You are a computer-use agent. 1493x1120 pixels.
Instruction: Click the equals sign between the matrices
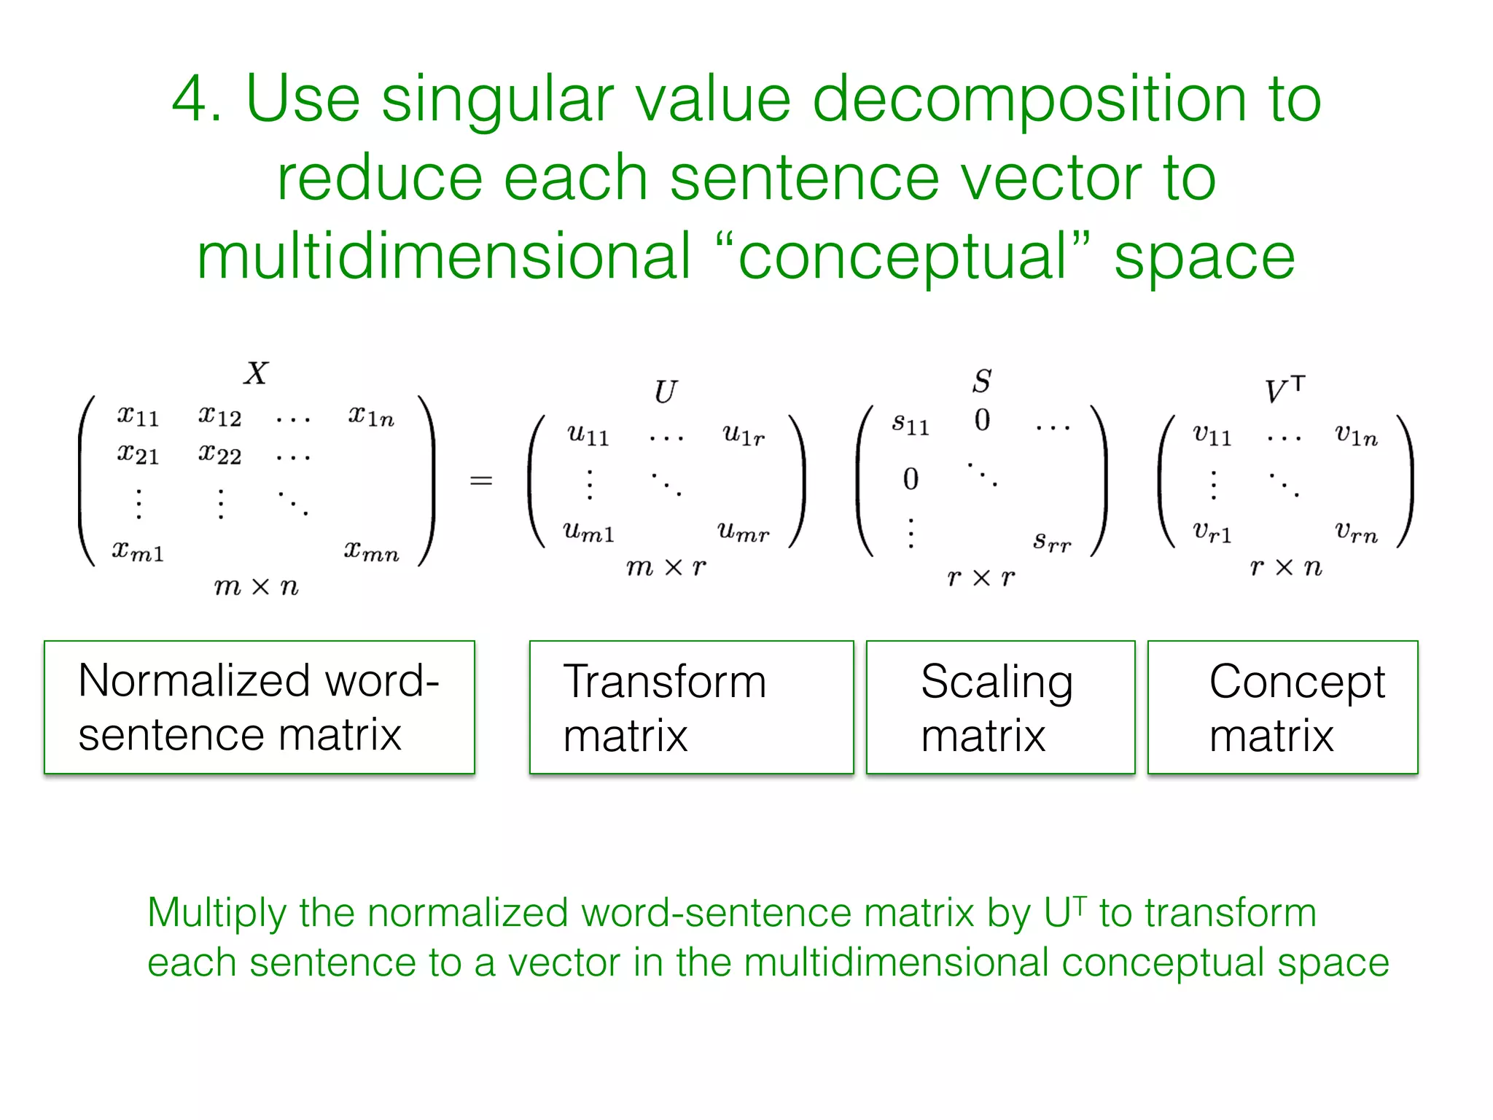coord(481,481)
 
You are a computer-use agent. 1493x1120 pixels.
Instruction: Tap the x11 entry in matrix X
coord(138,416)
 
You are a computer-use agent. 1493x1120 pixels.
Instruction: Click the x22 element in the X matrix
coord(219,455)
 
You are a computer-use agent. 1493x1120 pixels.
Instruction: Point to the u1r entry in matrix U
coord(744,435)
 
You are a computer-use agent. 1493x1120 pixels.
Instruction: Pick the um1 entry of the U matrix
coord(588,532)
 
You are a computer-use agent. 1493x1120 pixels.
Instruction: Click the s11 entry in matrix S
coord(911,424)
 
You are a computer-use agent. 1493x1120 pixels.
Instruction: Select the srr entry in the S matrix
coord(1052,542)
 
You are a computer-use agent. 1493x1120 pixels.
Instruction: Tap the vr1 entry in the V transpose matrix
coord(1212,532)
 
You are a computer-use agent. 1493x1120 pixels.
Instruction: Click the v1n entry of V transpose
coord(1356,435)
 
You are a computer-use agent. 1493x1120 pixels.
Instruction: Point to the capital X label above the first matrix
coord(256,373)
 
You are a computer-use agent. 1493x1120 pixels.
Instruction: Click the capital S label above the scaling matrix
coord(982,381)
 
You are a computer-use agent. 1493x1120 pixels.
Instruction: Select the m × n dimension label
coord(257,586)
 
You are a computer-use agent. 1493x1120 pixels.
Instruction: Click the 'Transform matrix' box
coord(691,707)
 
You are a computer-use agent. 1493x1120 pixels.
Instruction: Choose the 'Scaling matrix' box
coord(1000,707)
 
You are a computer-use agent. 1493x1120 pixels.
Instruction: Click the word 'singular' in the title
coord(498,101)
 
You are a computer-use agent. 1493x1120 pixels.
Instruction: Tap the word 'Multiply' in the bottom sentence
coord(217,913)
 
